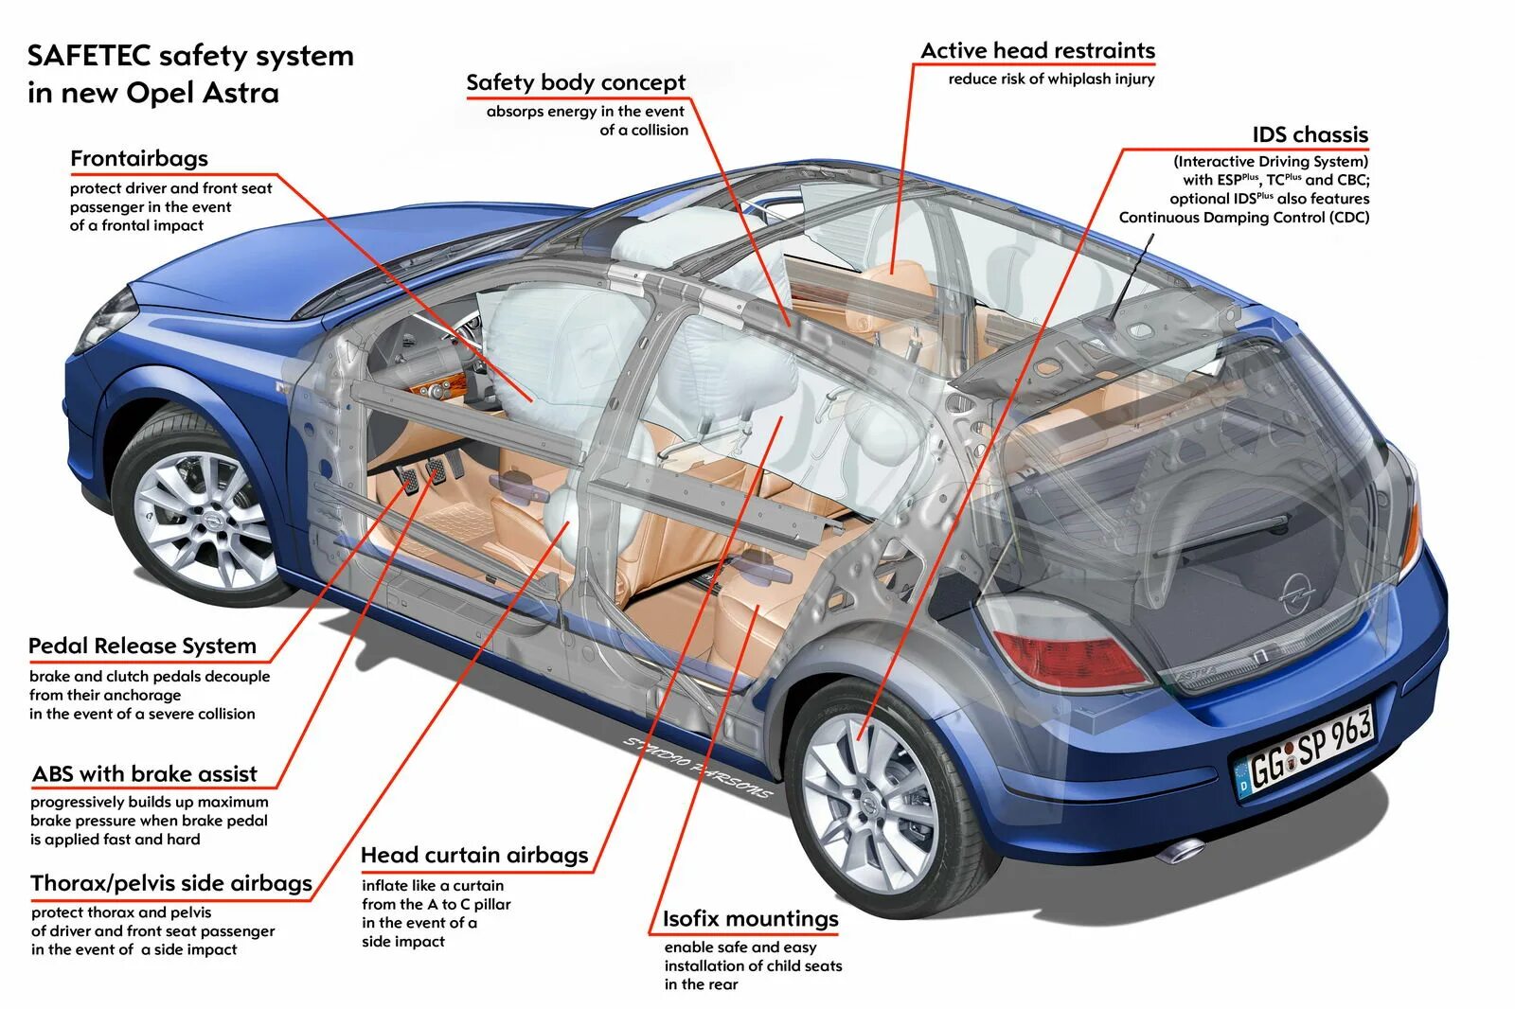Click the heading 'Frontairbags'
click(x=139, y=159)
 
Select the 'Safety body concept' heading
click(x=576, y=83)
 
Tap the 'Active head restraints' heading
click(x=1038, y=51)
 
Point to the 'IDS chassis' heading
click(x=1310, y=134)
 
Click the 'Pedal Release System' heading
click(x=142, y=646)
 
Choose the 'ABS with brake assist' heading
click(x=145, y=774)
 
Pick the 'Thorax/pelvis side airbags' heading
click(x=171, y=884)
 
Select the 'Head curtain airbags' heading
click(x=474, y=856)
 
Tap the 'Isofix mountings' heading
click(x=750, y=919)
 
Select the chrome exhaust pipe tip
click(x=1183, y=849)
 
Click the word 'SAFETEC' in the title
click(x=89, y=56)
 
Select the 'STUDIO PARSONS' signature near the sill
click(x=697, y=768)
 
